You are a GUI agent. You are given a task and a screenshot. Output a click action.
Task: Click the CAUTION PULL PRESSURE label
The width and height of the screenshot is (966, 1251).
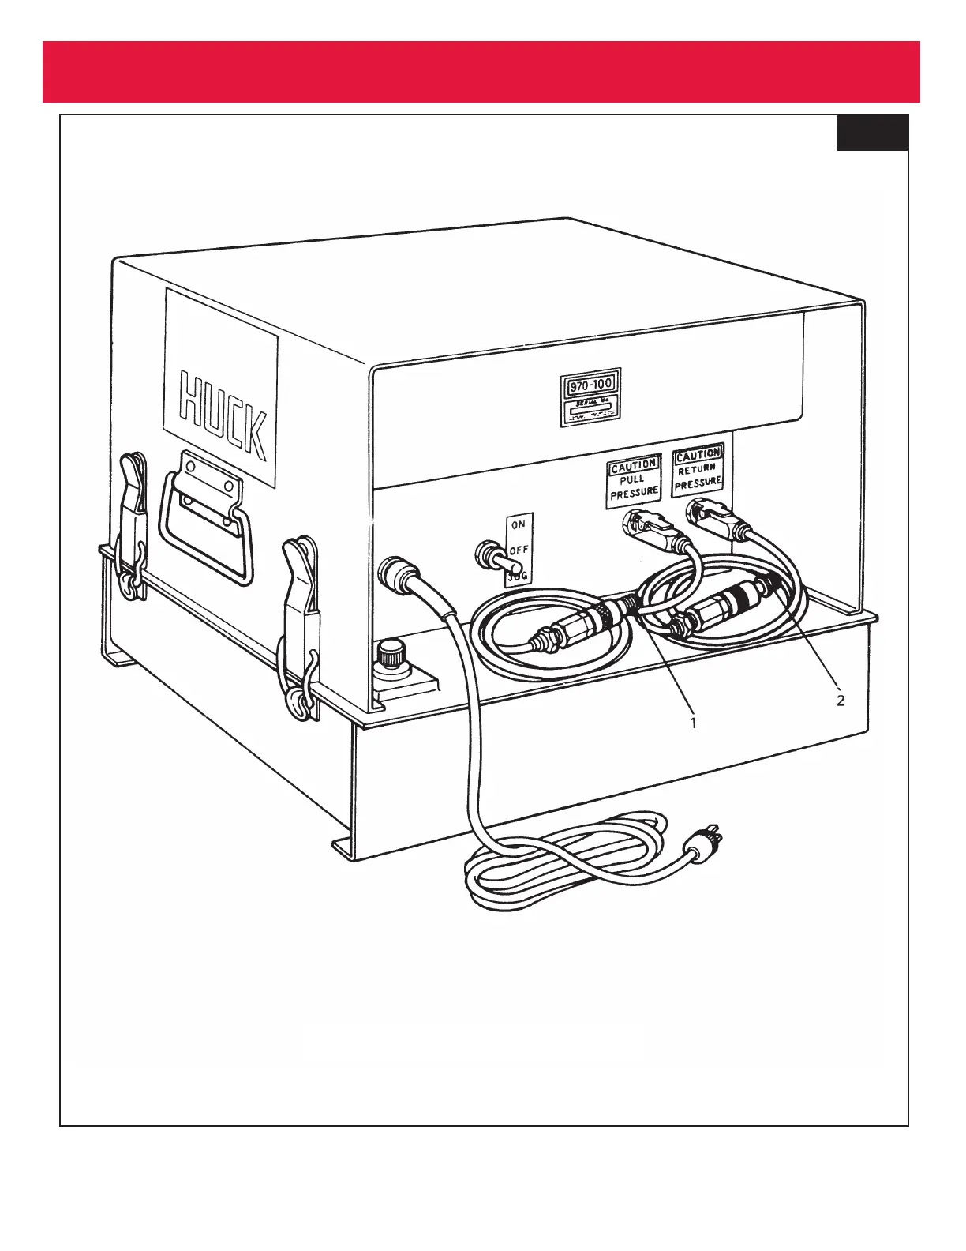pos(633,480)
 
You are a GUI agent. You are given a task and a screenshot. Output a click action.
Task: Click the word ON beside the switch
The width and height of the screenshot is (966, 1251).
pos(519,524)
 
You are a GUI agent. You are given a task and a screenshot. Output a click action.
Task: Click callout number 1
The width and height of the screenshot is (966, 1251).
pos(693,723)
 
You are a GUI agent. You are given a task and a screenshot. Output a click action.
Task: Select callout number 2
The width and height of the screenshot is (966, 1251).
pos(841,700)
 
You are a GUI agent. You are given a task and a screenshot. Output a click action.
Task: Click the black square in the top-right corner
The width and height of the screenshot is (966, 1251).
pos(872,132)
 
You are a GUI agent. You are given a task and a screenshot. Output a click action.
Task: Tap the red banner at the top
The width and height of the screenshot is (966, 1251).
pos(481,72)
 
